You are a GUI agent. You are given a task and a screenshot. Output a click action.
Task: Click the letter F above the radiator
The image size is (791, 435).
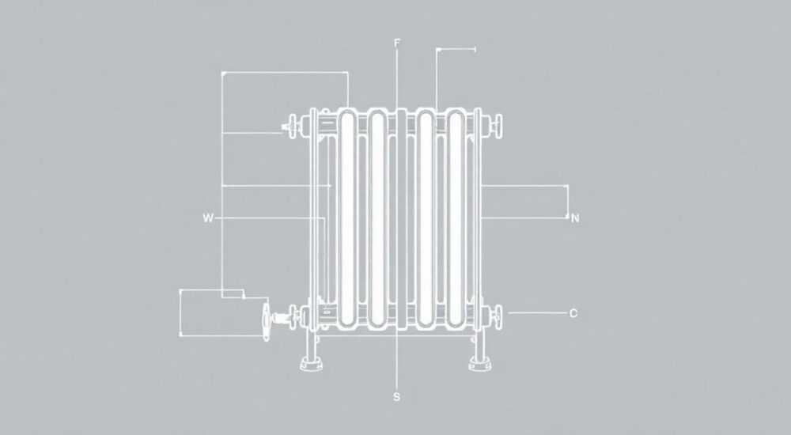pos(397,43)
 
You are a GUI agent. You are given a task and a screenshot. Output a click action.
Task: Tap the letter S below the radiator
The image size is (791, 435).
pos(396,397)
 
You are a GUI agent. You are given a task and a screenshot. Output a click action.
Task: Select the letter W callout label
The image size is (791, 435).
pos(208,218)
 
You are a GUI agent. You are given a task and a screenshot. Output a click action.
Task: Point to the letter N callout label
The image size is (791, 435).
pos(574,218)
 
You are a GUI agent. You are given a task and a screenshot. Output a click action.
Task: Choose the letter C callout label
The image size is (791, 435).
pos(573,313)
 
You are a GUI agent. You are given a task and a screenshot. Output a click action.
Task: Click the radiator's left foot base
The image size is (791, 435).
pos(311,364)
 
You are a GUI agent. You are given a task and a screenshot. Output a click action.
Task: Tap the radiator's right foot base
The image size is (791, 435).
pos(480,364)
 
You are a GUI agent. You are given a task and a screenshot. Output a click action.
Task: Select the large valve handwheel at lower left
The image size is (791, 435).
pos(267,321)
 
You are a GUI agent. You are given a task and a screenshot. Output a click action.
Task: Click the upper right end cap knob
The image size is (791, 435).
pos(498,125)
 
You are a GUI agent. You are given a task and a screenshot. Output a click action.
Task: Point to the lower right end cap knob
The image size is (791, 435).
pos(498,317)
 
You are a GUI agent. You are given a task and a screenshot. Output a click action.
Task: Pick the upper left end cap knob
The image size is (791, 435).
pos(292,127)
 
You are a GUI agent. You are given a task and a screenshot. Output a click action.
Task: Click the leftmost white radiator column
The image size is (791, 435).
pos(347,218)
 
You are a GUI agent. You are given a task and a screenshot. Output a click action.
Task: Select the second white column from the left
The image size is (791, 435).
pos(377,218)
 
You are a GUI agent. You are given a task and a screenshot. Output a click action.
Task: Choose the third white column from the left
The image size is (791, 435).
pos(426,218)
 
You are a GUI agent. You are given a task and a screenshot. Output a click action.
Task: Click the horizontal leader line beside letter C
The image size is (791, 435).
pos(537,313)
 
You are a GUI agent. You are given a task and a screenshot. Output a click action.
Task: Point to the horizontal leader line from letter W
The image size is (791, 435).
pos(270,218)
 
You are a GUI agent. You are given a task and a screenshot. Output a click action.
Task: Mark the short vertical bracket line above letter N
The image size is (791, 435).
pos(567,202)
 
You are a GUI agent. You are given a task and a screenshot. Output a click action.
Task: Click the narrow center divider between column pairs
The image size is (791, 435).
pos(401,218)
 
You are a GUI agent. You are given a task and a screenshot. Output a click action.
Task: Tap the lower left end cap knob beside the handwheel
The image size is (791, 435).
pos(292,317)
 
